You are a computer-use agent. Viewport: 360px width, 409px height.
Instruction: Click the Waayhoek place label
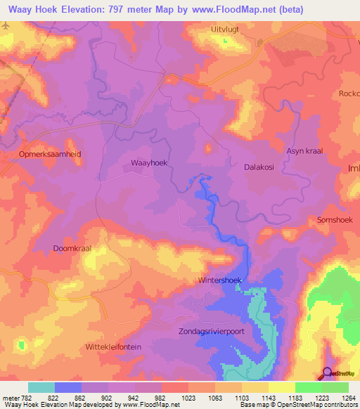(x=148, y=162)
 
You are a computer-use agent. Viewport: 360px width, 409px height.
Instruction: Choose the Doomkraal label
(x=72, y=248)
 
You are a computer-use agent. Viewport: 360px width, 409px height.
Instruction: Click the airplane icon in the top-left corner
(x=6, y=25)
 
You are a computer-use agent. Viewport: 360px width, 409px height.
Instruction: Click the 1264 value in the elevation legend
(x=347, y=397)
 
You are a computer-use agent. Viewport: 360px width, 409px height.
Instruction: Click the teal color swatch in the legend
(x=41, y=387)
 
